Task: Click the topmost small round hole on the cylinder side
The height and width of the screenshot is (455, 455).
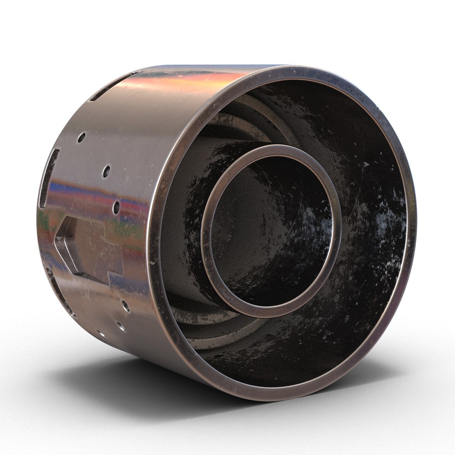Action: tap(81, 137)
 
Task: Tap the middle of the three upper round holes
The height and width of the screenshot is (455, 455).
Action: tap(106, 171)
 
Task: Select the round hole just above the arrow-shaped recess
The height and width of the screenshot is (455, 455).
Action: tap(117, 206)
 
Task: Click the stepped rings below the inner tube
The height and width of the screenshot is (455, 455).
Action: tap(202, 327)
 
